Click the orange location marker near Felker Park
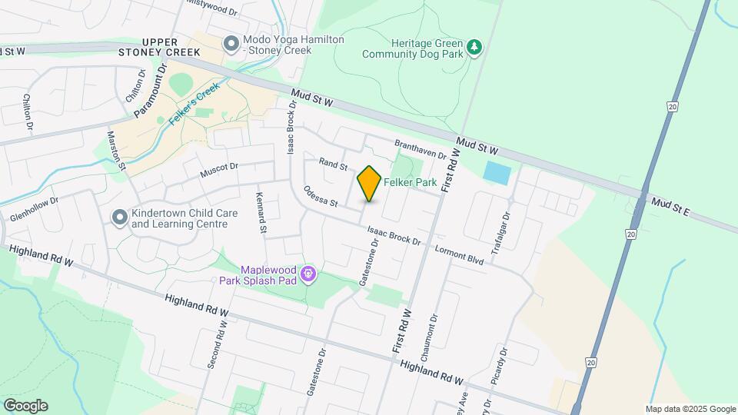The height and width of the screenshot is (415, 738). [369, 184]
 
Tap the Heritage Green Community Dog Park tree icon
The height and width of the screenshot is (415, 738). [476, 48]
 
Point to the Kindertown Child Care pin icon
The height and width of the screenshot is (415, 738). [119, 218]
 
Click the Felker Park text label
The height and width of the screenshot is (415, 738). [411, 183]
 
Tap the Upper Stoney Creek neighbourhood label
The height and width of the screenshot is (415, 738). [159, 47]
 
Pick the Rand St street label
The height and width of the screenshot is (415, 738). [334, 164]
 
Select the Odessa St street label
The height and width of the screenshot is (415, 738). [321, 197]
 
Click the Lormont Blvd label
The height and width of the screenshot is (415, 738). [459, 255]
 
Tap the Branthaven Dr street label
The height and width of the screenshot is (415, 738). [420, 149]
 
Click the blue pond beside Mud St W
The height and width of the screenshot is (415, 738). [497, 173]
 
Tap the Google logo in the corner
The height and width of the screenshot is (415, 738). [25, 405]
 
